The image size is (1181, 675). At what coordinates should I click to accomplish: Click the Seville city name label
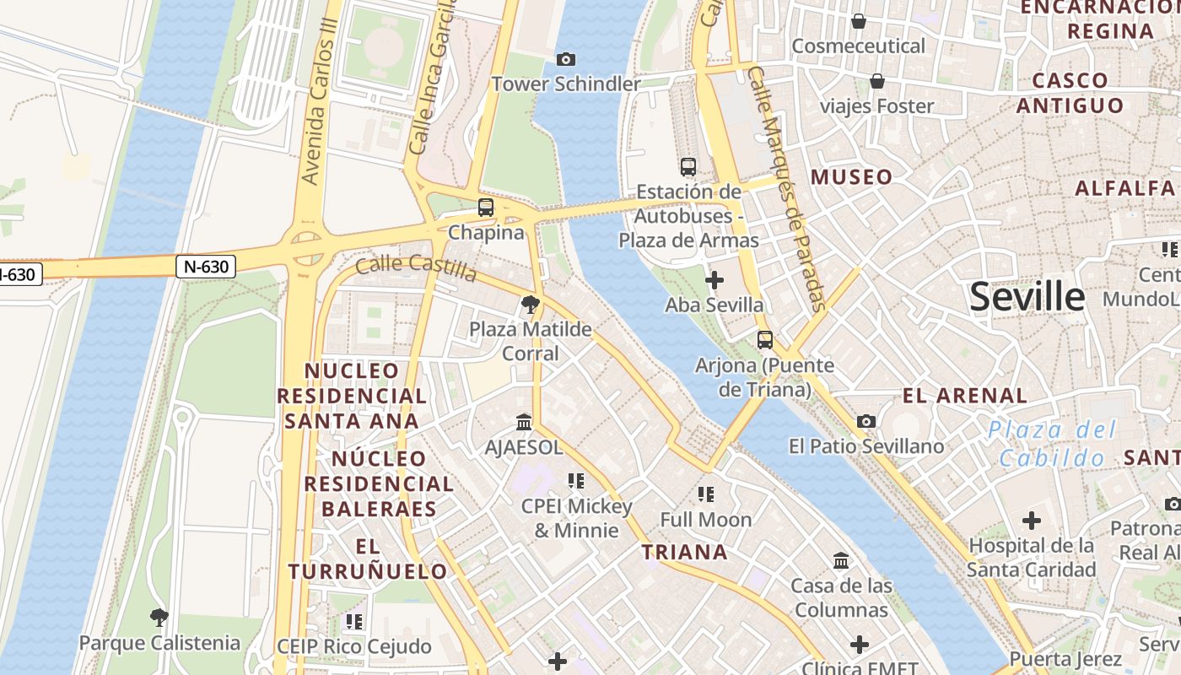1027,297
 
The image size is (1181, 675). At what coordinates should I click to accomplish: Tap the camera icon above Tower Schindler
566,59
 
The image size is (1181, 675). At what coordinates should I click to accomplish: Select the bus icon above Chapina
485,207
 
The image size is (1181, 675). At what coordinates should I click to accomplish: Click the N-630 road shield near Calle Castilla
206,267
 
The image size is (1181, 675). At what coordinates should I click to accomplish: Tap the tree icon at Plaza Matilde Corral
531,304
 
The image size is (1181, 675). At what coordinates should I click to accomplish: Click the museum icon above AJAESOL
524,422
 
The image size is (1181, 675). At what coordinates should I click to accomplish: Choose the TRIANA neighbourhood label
684,553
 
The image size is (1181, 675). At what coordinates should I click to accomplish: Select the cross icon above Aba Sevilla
715,279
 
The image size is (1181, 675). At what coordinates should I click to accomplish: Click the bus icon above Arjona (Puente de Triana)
764,340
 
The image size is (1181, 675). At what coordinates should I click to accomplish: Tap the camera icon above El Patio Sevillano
866,421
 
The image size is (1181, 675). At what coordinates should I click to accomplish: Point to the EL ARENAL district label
965,396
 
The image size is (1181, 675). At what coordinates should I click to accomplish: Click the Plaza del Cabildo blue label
1052,444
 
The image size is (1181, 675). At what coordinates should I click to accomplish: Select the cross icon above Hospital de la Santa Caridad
1031,521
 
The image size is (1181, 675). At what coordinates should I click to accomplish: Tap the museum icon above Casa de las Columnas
841,560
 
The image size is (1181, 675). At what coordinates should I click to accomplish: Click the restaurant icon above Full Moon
706,494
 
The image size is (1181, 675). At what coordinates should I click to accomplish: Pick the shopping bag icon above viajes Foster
877,81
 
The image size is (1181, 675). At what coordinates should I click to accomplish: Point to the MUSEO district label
851,177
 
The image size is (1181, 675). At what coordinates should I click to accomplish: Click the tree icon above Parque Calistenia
159,618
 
